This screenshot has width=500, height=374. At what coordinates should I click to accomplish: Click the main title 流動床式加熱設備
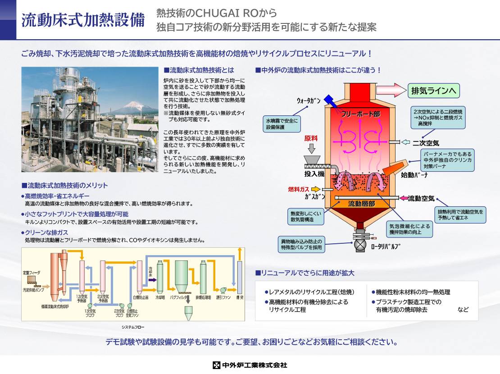pos(83,20)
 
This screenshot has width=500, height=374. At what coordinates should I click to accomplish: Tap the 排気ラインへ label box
pos(433,91)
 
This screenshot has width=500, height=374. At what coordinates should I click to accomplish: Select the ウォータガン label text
pos(309,100)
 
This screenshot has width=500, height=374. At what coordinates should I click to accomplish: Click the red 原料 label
pos(311,138)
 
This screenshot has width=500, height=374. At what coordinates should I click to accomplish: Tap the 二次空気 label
pos(426,143)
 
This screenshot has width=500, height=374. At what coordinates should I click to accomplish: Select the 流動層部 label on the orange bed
pos(361,204)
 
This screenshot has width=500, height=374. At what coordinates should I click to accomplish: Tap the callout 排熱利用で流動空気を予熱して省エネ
pos(460,214)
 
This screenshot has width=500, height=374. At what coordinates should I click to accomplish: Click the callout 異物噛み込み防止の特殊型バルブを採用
pos(301,245)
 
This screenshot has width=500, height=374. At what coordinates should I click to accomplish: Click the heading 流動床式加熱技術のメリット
pos(65,186)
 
